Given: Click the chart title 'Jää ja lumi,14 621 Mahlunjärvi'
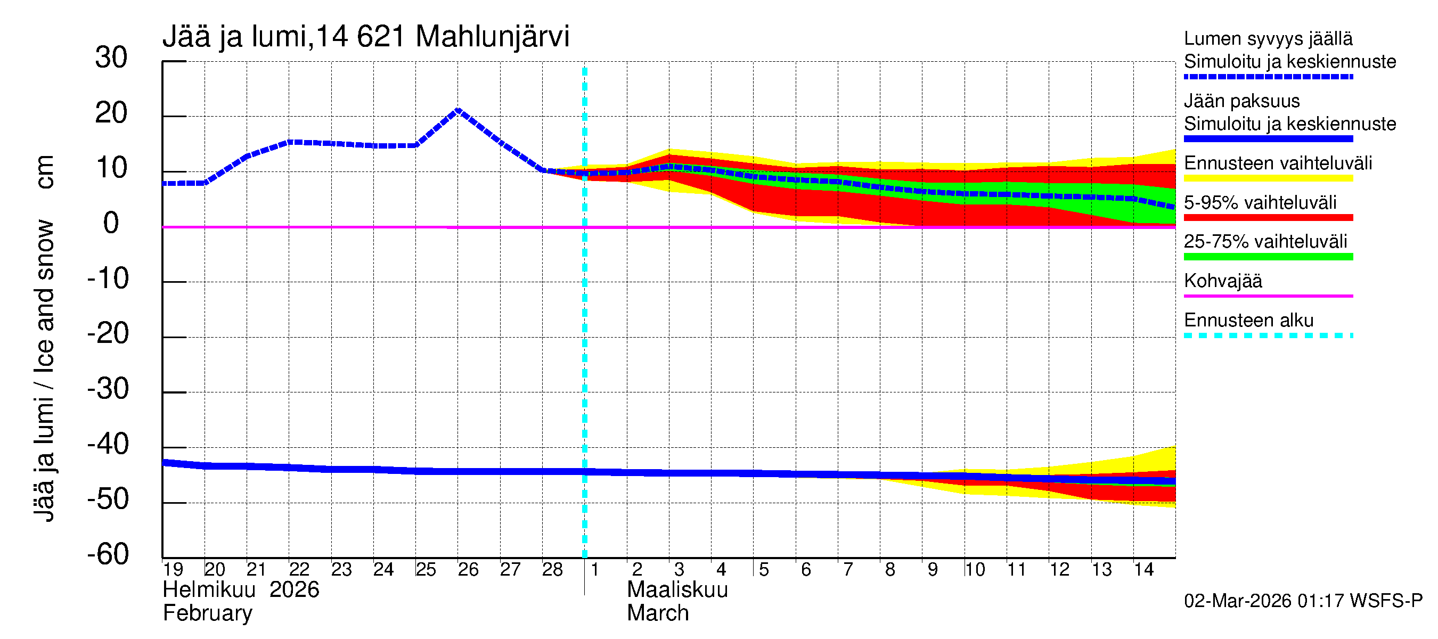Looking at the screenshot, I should [366, 37].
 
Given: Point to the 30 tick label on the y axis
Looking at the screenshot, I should [111, 58].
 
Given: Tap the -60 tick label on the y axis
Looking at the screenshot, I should [108, 554].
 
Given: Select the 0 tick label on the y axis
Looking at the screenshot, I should [111, 223].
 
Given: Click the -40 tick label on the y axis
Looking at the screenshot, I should [108, 444].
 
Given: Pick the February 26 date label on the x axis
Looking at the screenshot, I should [468, 569].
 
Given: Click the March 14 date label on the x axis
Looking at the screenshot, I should [1143, 569].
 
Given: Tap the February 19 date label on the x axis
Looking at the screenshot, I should [173, 569].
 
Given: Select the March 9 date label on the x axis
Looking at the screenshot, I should [932, 569].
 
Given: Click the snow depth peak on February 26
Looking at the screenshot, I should [457, 110].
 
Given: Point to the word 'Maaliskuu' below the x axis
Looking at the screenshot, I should [677, 590].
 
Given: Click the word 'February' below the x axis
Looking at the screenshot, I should [207, 613].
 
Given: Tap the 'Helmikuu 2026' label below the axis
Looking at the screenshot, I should [241, 590].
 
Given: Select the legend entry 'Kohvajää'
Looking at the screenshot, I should [1222, 281].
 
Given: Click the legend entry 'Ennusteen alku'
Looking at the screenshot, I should [1249, 321].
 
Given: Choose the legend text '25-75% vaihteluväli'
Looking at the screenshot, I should [1265, 242].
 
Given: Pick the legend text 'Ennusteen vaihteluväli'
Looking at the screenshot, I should [1278, 163].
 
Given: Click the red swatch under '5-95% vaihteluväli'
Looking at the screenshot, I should [1268, 218].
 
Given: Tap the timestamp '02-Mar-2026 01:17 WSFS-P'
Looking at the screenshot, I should [1303, 601].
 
